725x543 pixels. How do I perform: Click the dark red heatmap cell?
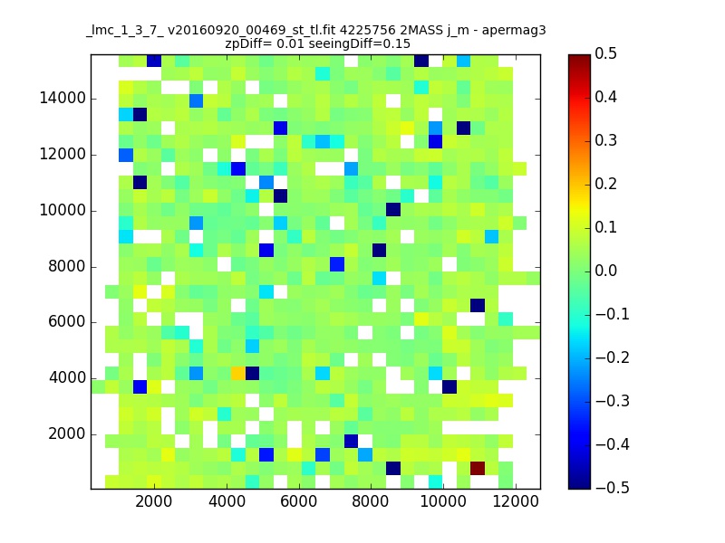coord(478,468)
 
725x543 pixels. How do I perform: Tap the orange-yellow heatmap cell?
coord(238,373)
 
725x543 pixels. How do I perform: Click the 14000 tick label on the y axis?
coord(63,98)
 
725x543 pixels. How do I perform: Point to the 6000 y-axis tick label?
coord(67,321)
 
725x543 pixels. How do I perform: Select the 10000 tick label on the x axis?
coord(442,501)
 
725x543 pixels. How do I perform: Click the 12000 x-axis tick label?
coord(515,501)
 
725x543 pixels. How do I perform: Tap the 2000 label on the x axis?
coord(153,501)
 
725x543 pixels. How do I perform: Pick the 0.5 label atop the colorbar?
coord(605,53)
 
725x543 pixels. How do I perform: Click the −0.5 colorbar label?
coord(613,488)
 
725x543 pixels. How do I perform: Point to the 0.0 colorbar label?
coord(605,271)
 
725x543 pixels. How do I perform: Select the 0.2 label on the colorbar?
coord(605,184)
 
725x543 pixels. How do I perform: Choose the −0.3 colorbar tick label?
coord(613,401)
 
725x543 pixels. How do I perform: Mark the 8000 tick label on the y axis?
coord(67,266)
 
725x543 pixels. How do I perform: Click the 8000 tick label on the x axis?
coord(371,501)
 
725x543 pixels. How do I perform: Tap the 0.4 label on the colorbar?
coord(605,97)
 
